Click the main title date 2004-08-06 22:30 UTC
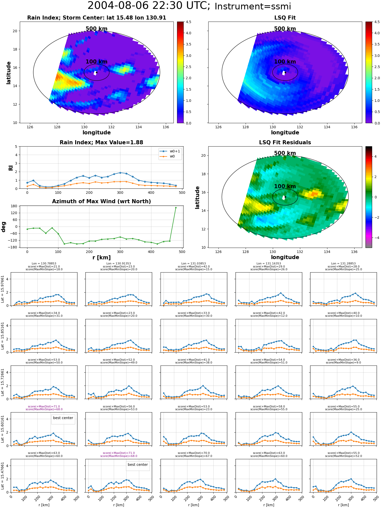pyautogui.click(x=149, y=6)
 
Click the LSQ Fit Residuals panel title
pyautogui.click(x=285, y=142)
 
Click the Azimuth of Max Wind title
pyautogui.click(x=101, y=201)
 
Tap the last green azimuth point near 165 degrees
pyautogui.click(x=176, y=208)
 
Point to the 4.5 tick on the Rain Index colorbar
pyautogui.click(x=188, y=22)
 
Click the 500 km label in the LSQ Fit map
pyautogui.click(x=285, y=29)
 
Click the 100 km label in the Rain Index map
pyautogui.click(x=97, y=62)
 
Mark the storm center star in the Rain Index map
pyautogui.click(x=97, y=72)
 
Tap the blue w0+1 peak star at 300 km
pyautogui.click(x=120, y=173)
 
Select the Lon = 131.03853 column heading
pyautogui.click(x=194, y=264)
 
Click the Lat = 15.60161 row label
pyautogui.click(x=3, y=429)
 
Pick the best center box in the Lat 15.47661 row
pyautogui.click(x=138, y=465)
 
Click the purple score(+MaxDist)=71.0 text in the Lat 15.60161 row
pyautogui.click(x=44, y=406)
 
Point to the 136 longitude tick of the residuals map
pyautogui.click(x=354, y=252)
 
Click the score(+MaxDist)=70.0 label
pyautogui.click(x=194, y=453)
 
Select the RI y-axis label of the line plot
pyautogui.click(x=11, y=168)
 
